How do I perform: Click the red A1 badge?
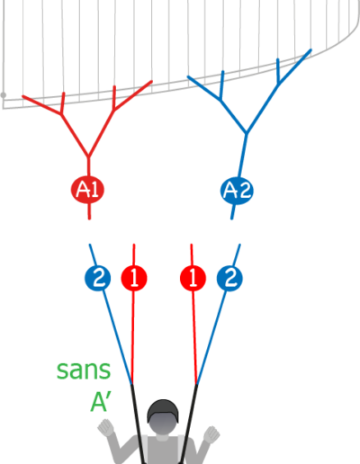click(x=87, y=190)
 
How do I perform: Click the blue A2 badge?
click(x=237, y=191)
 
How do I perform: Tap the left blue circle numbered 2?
click(x=98, y=278)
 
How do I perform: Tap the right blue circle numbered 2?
click(x=229, y=279)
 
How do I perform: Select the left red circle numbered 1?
click(x=134, y=278)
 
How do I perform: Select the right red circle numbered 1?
click(x=193, y=278)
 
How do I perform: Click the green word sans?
click(x=84, y=370)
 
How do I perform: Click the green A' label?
click(x=101, y=402)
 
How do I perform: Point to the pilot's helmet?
click(x=163, y=411)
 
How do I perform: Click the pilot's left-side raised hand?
click(x=106, y=427)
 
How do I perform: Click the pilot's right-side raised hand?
click(x=211, y=434)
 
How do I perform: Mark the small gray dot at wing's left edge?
click(x=4, y=95)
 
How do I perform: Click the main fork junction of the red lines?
click(x=88, y=156)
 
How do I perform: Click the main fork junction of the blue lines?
click(x=247, y=133)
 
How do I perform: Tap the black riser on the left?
click(x=138, y=424)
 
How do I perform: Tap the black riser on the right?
click(x=189, y=424)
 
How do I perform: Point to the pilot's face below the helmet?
click(x=163, y=424)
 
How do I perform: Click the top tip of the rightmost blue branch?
click(x=310, y=50)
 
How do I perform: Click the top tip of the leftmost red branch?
click(x=23, y=96)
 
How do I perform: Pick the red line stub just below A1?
click(x=89, y=211)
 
